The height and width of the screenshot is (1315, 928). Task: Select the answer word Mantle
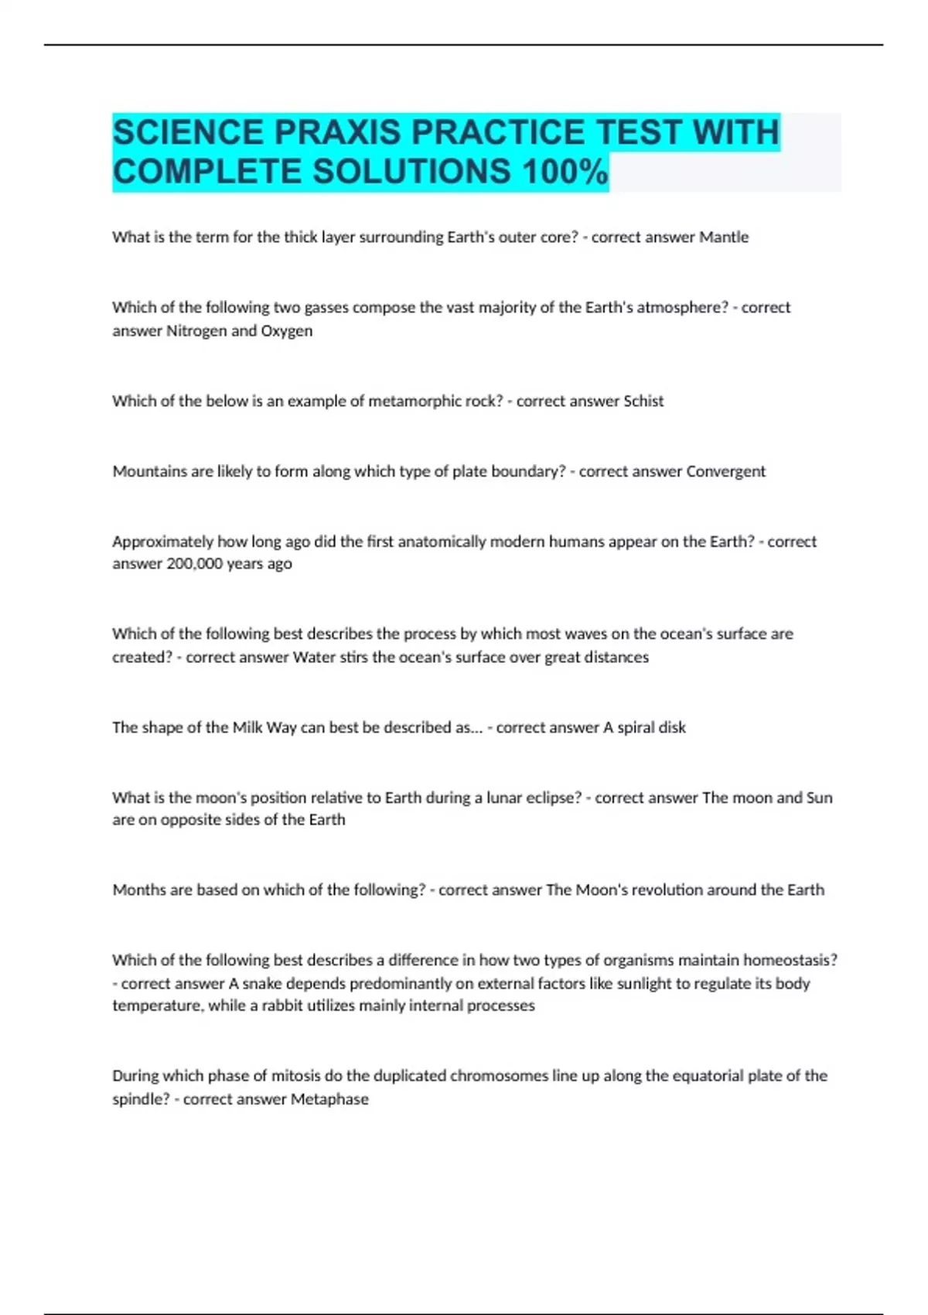pos(724,237)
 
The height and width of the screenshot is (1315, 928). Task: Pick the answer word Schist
pos(643,401)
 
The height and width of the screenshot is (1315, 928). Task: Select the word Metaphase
pos(329,1098)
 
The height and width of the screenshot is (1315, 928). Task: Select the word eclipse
pos(552,798)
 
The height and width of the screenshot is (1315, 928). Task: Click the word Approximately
pos(163,541)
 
